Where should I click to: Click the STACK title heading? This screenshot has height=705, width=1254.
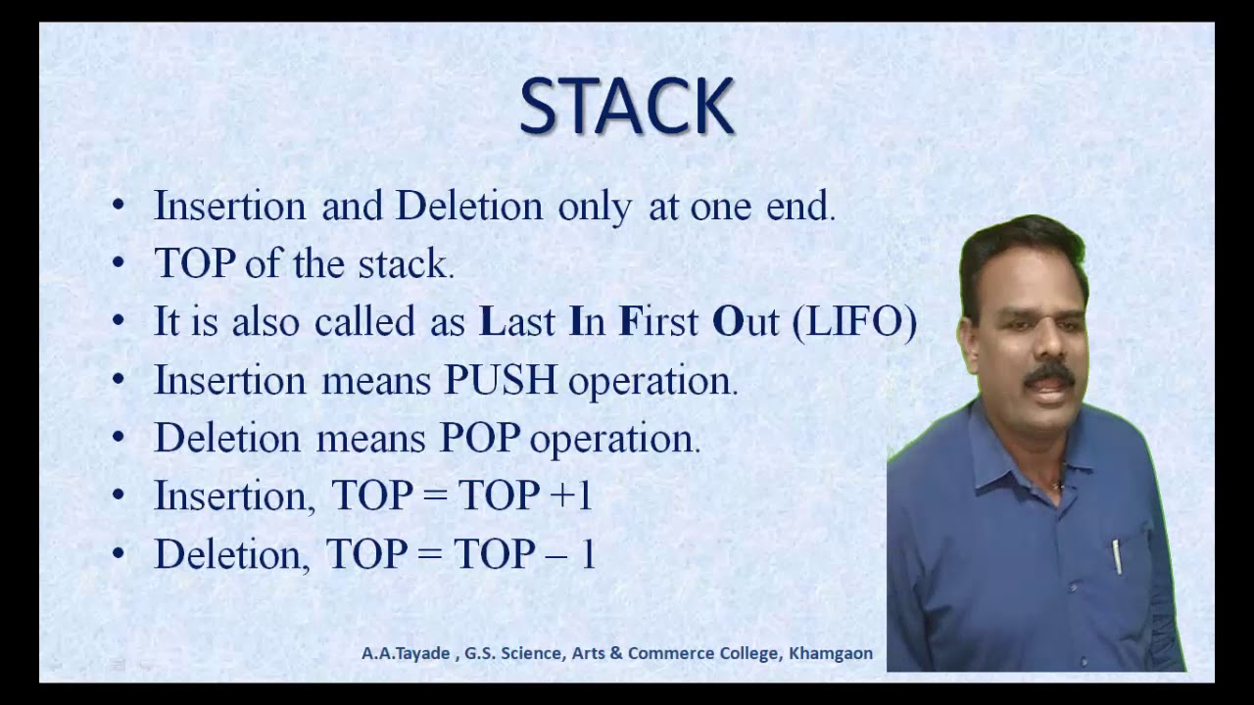coord(627,107)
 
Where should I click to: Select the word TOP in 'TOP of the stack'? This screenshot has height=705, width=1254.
coord(195,264)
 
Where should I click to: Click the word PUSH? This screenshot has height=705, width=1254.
coord(501,381)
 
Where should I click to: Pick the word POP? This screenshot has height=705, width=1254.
coord(479,439)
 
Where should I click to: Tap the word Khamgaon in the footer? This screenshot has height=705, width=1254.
coord(831,653)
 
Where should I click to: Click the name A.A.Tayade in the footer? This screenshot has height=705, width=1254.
coord(404,653)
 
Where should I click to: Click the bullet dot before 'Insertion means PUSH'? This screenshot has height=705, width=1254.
coord(119,381)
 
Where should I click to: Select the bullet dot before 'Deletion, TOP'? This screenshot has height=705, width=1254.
coord(119,554)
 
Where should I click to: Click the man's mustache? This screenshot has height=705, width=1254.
coord(1048,374)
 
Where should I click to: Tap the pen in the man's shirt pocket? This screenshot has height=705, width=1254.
coord(1116,556)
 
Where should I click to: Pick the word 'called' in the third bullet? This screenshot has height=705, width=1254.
coord(364,322)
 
